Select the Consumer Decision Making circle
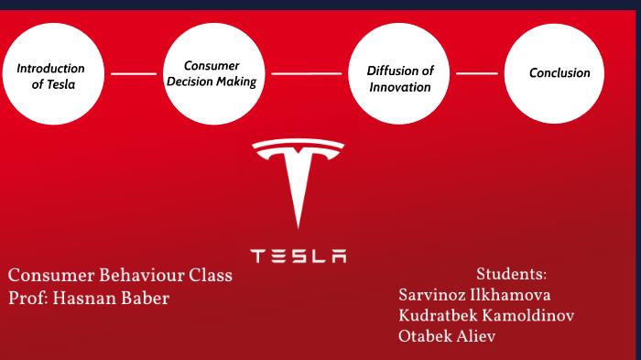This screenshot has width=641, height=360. (x=212, y=74)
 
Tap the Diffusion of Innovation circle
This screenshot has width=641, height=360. (x=401, y=74)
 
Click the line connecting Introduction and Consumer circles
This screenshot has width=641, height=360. (x=133, y=73)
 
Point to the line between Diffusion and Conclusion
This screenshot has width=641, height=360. (x=476, y=73)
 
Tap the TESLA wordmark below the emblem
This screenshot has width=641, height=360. (x=299, y=255)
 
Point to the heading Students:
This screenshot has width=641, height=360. (x=511, y=274)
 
